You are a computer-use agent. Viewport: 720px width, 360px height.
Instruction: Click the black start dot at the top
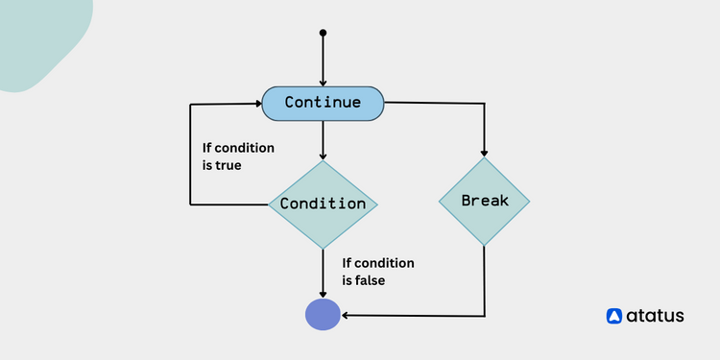(x=323, y=33)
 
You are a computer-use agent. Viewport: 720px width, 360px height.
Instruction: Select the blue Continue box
(x=323, y=103)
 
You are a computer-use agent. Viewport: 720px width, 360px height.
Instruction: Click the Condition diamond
(x=323, y=204)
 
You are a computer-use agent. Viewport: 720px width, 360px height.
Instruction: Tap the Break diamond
(x=484, y=201)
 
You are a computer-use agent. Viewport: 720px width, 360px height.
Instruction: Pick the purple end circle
(x=323, y=314)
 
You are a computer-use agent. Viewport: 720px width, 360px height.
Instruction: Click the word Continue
(x=323, y=103)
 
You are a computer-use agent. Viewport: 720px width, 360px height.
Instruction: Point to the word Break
(x=484, y=201)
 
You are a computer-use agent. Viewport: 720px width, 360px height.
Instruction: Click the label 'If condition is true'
(x=237, y=156)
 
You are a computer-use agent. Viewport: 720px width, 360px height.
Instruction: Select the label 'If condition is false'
(x=378, y=272)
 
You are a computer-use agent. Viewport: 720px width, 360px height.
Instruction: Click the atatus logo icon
(x=615, y=315)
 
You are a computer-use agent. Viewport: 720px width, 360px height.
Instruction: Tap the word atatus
(x=657, y=315)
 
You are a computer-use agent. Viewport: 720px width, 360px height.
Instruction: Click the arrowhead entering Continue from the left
(x=258, y=103)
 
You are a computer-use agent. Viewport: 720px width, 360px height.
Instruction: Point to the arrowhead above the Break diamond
(x=484, y=152)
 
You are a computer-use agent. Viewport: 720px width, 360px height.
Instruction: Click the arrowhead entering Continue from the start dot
(x=323, y=82)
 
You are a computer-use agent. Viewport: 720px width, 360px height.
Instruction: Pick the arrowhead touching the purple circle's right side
(x=346, y=314)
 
